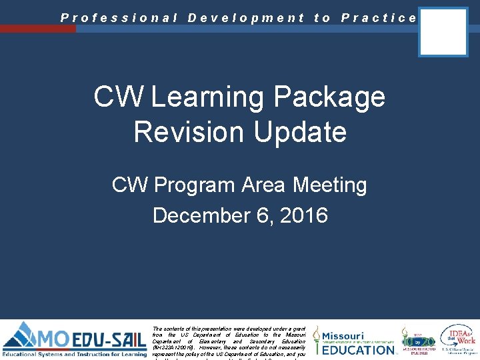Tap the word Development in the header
click(x=246, y=18)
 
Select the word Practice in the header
click(x=379, y=18)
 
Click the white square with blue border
click(x=443, y=32)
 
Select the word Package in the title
click(x=329, y=97)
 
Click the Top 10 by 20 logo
click(x=418, y=340)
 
